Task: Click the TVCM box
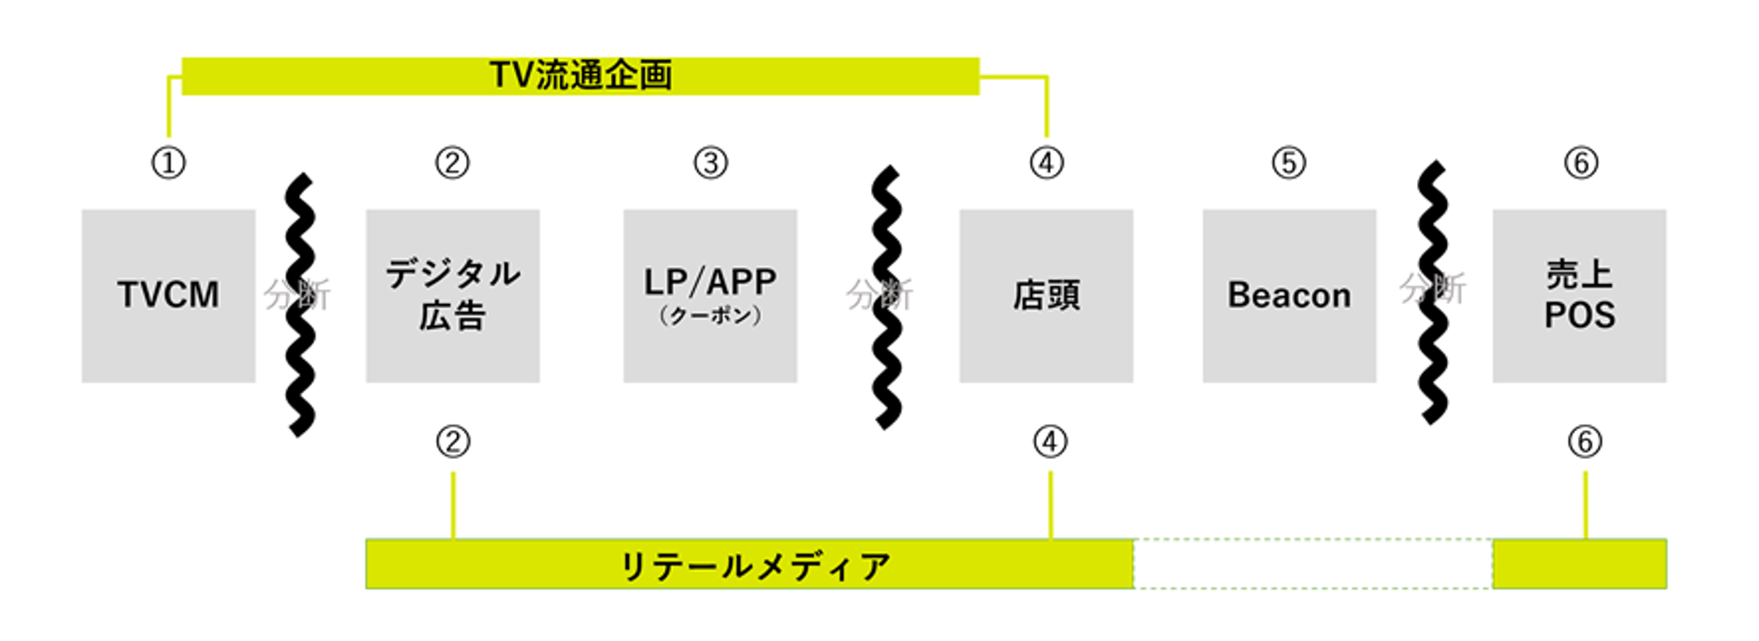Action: pos(168,295)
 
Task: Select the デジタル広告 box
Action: pos(452,295)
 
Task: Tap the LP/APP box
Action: pos(710,295)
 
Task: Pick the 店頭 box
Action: pos(1046,295)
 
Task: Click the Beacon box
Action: pos(1288,295)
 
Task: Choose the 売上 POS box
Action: pos(1579,295)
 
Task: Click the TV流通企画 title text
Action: pos(580,76)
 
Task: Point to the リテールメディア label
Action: pos(755,565)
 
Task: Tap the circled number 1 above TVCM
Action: pos(168,163)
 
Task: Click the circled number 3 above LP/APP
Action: pos(711,163)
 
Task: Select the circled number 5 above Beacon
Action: pos(1288,163)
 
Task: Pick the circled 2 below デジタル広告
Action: pos(453,441)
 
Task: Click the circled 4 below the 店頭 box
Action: pos(1050,441)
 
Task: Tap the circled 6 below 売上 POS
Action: pos(1585,441)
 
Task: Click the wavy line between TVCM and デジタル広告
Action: pos(301,352)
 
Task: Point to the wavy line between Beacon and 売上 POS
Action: pos(1433,352)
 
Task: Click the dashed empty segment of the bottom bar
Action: pos(1312,564)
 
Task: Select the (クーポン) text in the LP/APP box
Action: pos(710,316)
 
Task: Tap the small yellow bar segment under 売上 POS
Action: pos(1579,564)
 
